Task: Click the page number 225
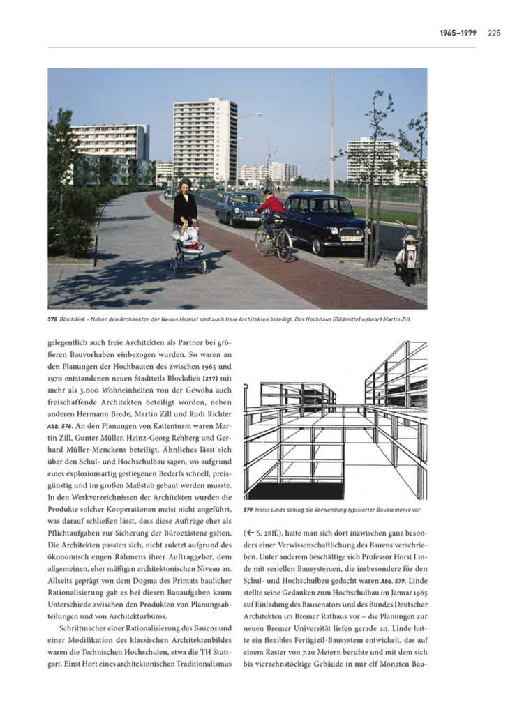click(x=495, y=32)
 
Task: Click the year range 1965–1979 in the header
click(x=458, y=32)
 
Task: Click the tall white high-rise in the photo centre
click(x=204, y=141)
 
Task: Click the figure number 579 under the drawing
click(x=248, y=509)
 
